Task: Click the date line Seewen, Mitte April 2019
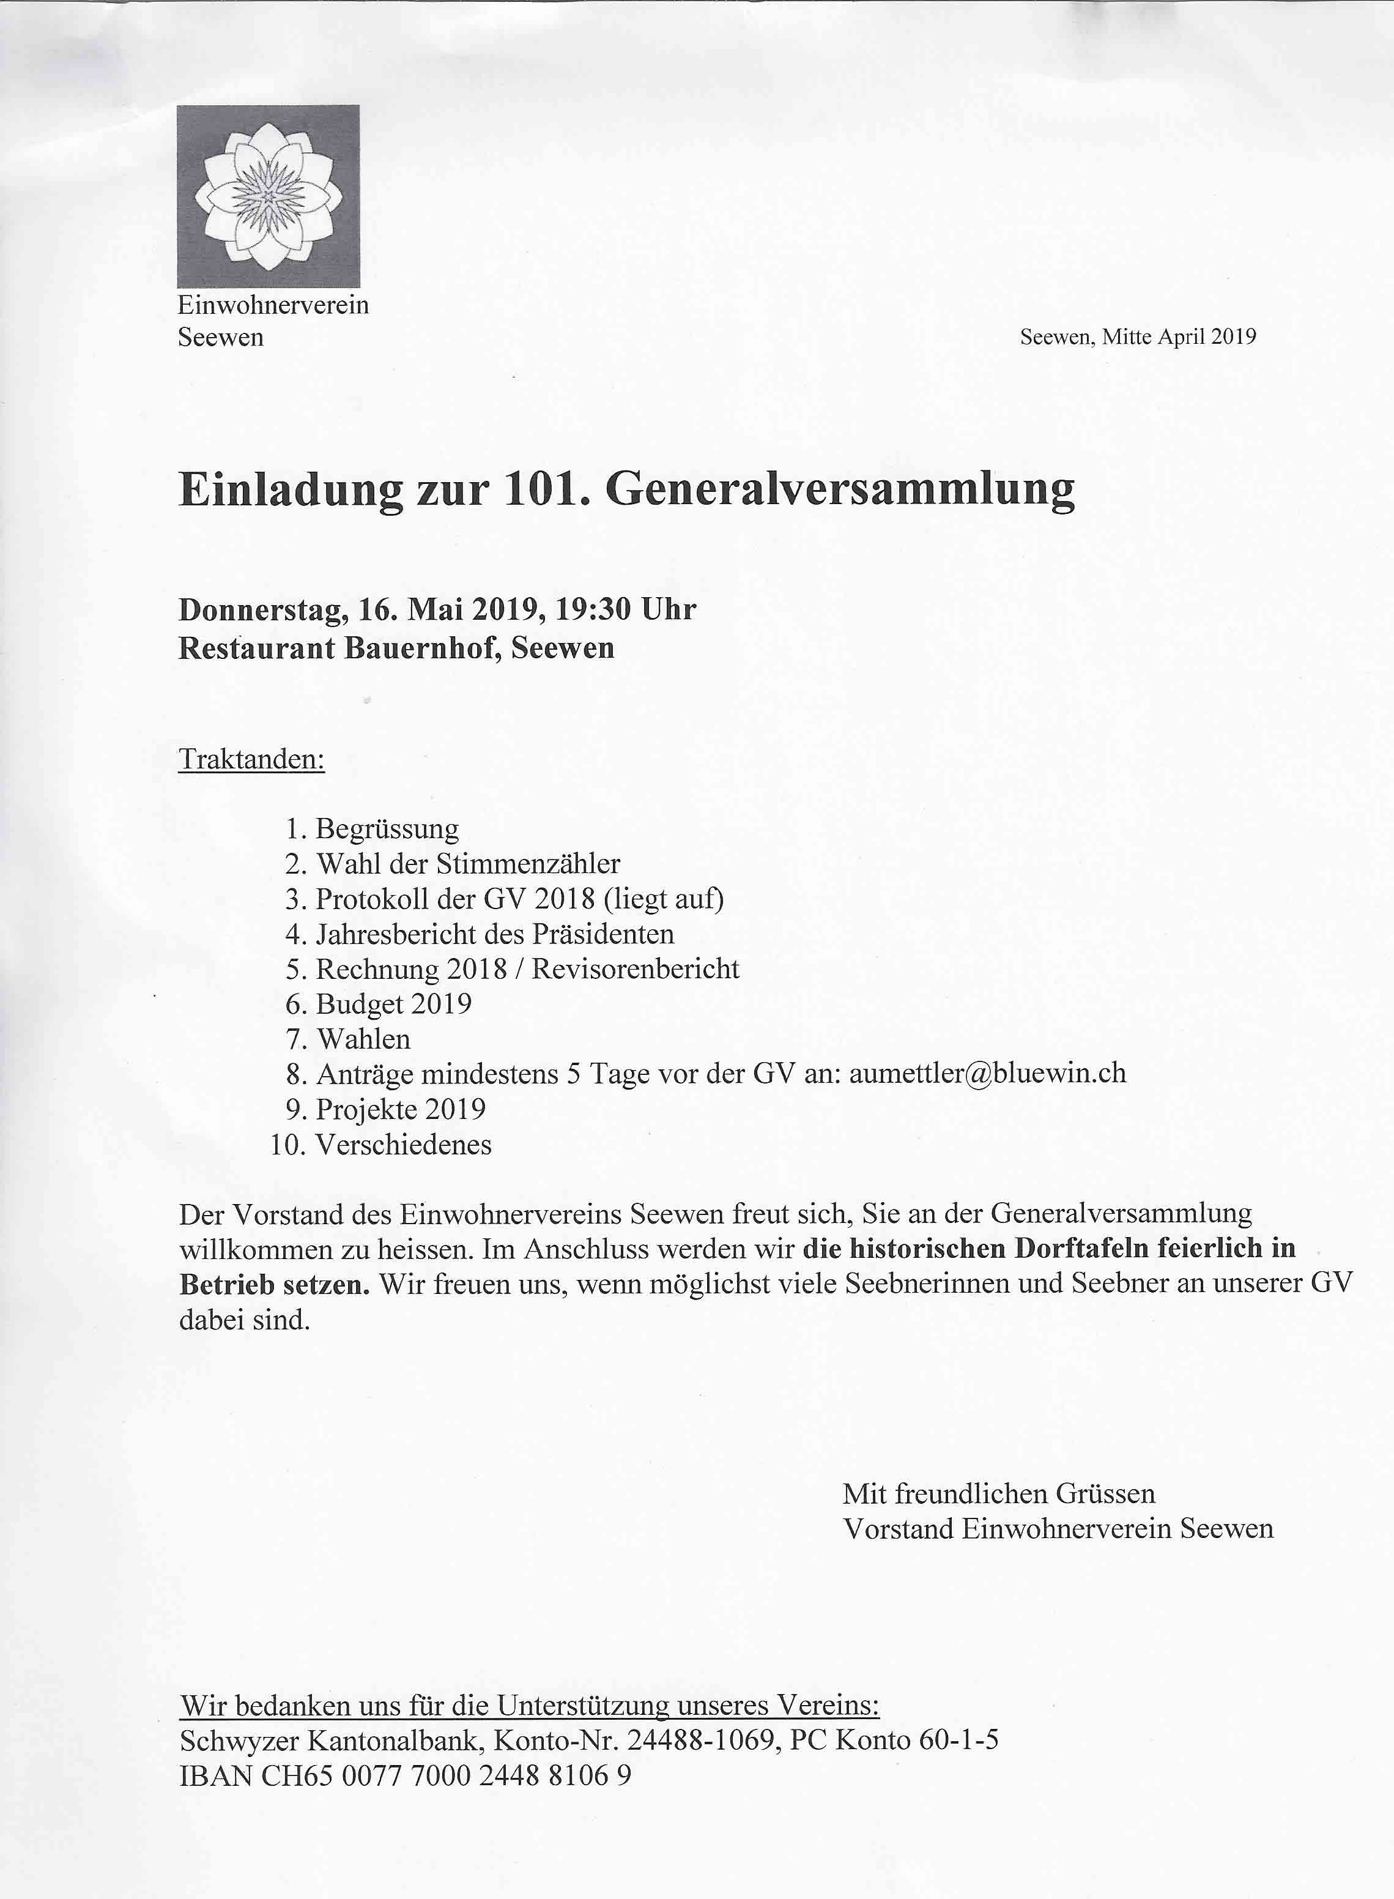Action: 1138,336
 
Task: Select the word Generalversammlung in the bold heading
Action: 840,489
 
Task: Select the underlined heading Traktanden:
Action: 251,760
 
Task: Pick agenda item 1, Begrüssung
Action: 387,829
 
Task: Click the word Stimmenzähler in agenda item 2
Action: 527,864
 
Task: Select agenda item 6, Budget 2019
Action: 393,1005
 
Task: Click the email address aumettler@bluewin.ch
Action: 987,1074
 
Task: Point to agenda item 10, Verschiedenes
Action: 403,1145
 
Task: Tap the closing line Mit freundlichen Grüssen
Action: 998,1494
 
